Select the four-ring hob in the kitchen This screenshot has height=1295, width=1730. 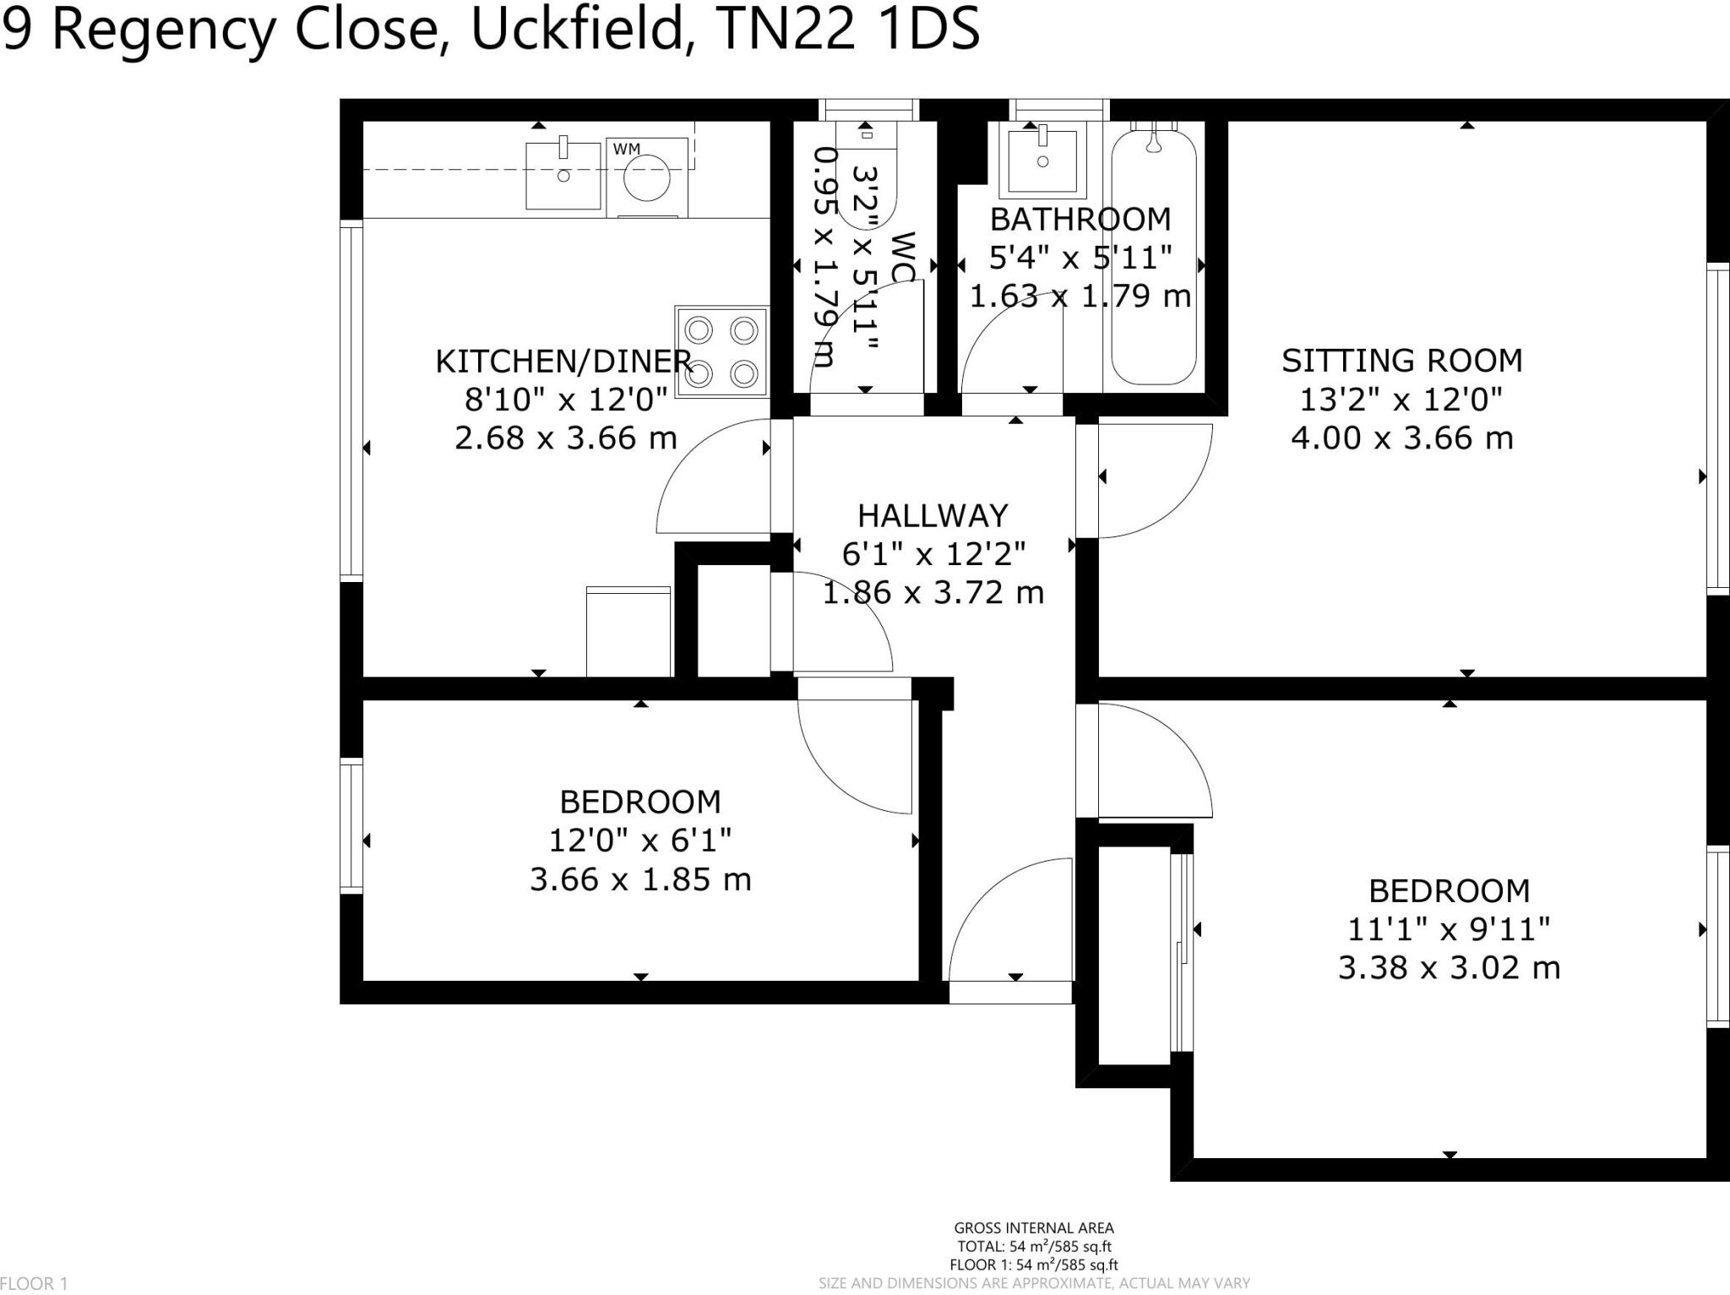[x=721, y=351]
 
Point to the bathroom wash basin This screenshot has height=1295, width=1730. [x=1042, y=161]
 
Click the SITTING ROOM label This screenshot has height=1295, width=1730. [x=1401, y=361]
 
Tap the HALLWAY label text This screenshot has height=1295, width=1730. [x=933, y=515]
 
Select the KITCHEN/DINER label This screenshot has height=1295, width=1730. [x=563, y=362]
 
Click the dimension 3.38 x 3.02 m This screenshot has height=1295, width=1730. [x=1449, y=967]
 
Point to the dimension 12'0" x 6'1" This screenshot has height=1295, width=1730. [x=640, y=841]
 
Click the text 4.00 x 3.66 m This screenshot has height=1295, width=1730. [x=1401, y=438]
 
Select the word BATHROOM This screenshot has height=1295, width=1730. [x=1080, y=220]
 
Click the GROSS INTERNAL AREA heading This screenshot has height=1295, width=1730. [x=1033, y=1228]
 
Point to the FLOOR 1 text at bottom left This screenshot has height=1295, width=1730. [x=34, y=1284]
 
